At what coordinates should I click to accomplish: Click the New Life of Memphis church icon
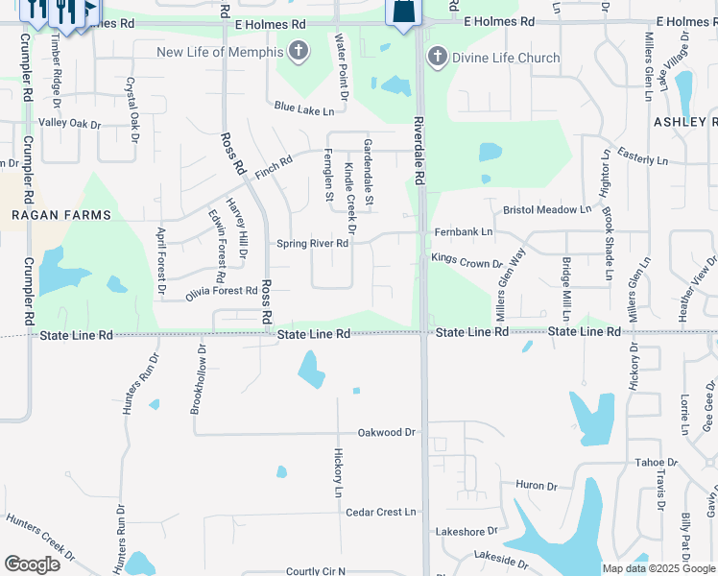tap(299, 51)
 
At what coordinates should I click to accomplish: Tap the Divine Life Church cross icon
tap(437, 58)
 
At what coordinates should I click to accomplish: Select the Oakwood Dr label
tap(386, 433)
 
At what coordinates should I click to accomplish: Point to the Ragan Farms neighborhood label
tap(61, 215)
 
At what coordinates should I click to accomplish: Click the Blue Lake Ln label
tap(297, 110)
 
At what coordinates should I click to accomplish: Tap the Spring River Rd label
tap(312, 244)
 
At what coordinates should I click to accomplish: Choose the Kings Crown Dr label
tap(467, 261)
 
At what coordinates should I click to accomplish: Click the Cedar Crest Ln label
tap(381, 512)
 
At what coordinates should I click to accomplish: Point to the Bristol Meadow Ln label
tap(548, 209)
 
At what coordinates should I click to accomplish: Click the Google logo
tap(32, 564)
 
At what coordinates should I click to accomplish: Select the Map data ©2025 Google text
tap(658, 568)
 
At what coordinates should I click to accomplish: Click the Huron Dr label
tap(530, 486)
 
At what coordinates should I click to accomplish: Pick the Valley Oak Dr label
tap(69, 124)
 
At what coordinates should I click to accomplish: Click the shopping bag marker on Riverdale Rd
tap(402, 12)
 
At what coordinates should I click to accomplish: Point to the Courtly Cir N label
tap(315, 571)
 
